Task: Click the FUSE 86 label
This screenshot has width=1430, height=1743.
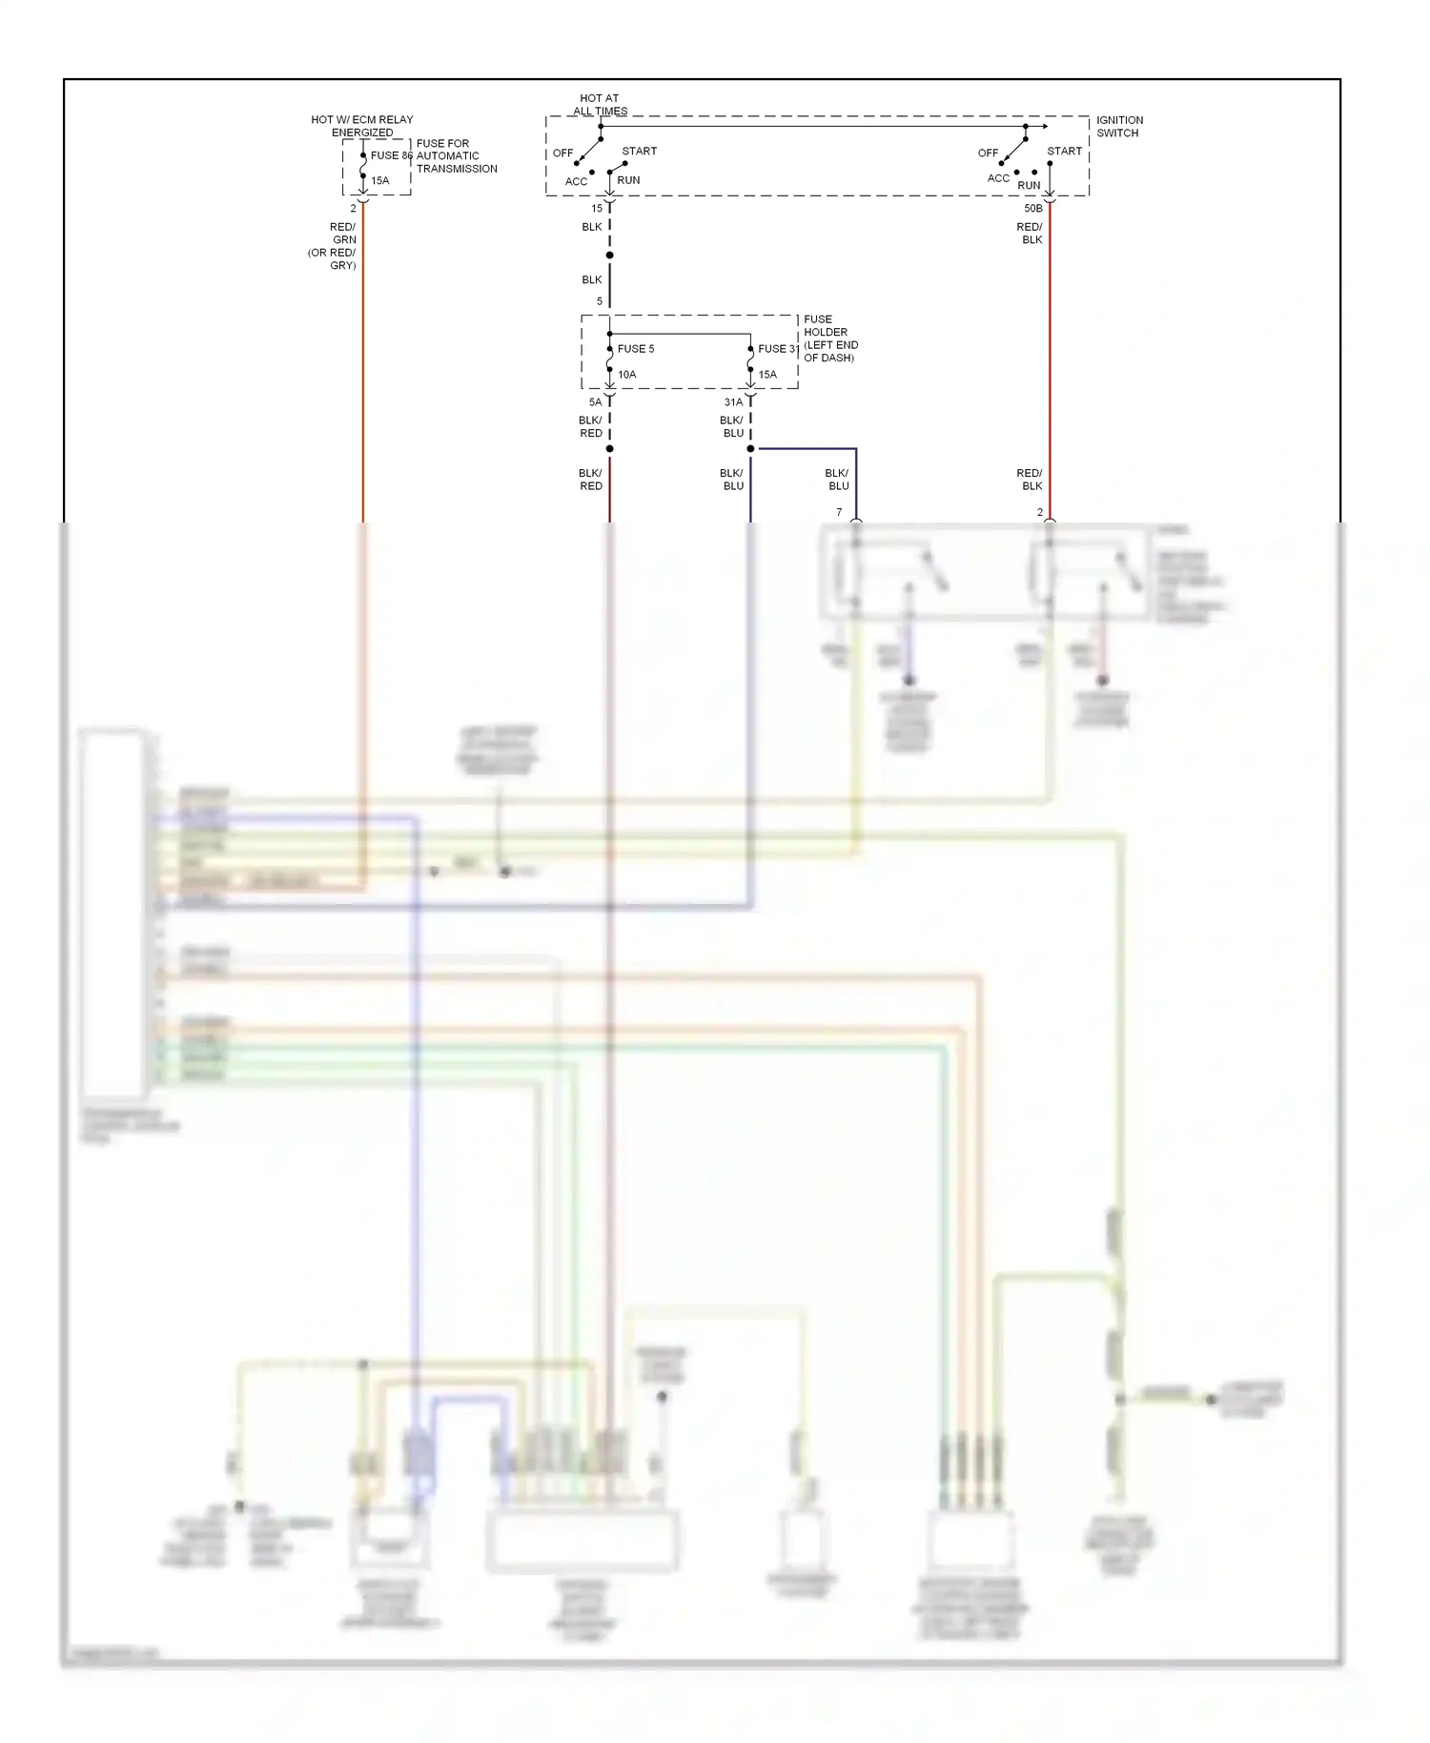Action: (391, 155)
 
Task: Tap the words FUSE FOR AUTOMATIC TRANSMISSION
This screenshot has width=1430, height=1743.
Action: (456, 156)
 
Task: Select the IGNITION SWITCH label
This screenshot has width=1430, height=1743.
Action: (1118, 127)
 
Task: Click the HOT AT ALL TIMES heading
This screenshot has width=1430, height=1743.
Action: (600, 104)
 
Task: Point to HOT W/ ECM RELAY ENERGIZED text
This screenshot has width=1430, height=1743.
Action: (362, 126)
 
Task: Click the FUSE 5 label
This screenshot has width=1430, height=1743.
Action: (636, 349)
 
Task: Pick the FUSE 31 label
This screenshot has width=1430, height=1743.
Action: (778, 349)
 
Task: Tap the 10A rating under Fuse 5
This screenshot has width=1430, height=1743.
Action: (626, 375)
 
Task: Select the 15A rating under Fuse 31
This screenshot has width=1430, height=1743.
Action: (767, 375)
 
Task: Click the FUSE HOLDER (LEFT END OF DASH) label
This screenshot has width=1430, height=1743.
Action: (829, 338)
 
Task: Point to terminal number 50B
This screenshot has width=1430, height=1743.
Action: (1032, 208)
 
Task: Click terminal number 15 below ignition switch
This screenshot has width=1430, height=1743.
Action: (597, 208)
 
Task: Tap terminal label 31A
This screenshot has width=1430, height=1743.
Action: (733, 402)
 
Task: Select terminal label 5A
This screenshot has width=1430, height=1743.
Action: (595, 402)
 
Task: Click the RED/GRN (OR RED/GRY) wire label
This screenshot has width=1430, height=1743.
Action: (334, 246)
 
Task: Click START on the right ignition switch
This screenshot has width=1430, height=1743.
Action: (1064, 151)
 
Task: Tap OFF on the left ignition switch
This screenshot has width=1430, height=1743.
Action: (562, 153)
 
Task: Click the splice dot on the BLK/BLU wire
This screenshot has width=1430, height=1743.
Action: (750, 448)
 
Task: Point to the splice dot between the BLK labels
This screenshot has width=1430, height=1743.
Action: (609, 255)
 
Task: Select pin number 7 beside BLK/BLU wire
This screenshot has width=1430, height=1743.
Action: (839, 512)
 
